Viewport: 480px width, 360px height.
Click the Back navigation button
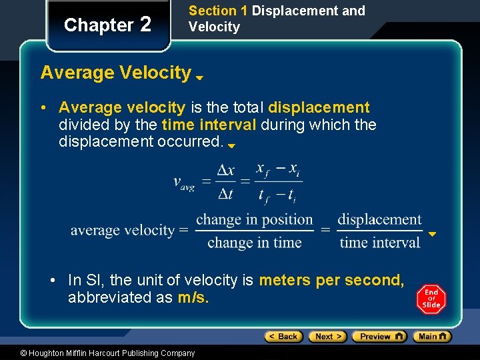(283, 337)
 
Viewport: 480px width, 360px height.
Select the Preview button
(379, 337)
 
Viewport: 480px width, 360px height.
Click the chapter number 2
(145, 25)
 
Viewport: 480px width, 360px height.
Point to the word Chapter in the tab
(99, 25)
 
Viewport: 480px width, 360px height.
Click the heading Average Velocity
(115, 72)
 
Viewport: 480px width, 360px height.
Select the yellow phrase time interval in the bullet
(209, 125)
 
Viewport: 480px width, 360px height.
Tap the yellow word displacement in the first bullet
(319, 107)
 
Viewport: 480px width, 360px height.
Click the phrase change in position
(254, 219)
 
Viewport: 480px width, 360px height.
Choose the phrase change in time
(254, 243)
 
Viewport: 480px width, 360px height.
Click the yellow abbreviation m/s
(193, 298)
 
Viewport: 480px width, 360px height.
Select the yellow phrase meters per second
(331, 281)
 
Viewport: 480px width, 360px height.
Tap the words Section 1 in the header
(213, 11)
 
